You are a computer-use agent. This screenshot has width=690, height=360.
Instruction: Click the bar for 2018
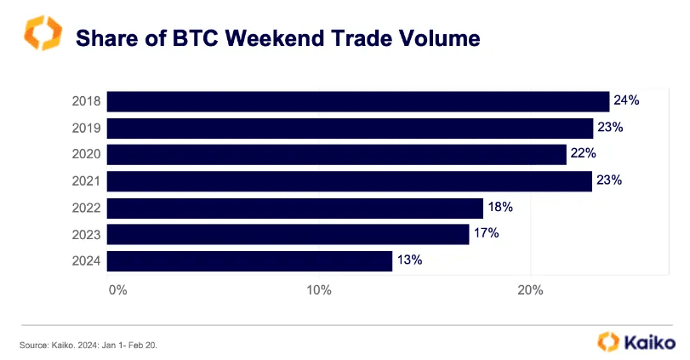[x=357, y=101]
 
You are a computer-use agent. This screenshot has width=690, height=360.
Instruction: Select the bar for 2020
[x=336, y=154]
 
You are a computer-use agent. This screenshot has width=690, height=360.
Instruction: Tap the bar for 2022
[x=294, y=208]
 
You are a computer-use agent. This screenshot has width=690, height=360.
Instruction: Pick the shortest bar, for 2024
[x=249, y=260]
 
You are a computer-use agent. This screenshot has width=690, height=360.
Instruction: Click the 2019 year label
[x=88, y=129]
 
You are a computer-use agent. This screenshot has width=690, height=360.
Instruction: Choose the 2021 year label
[x=88, y=181]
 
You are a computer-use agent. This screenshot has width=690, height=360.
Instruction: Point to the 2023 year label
[x=88, y=234]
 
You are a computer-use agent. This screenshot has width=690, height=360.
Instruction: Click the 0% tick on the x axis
[x=117, y=289]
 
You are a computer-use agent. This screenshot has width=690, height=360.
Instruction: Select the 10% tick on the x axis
[x=319, y=289]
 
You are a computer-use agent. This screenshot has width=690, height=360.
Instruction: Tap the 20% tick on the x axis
[x=530, y=289]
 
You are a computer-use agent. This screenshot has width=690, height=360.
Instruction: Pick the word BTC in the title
[x=180, y=38]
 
